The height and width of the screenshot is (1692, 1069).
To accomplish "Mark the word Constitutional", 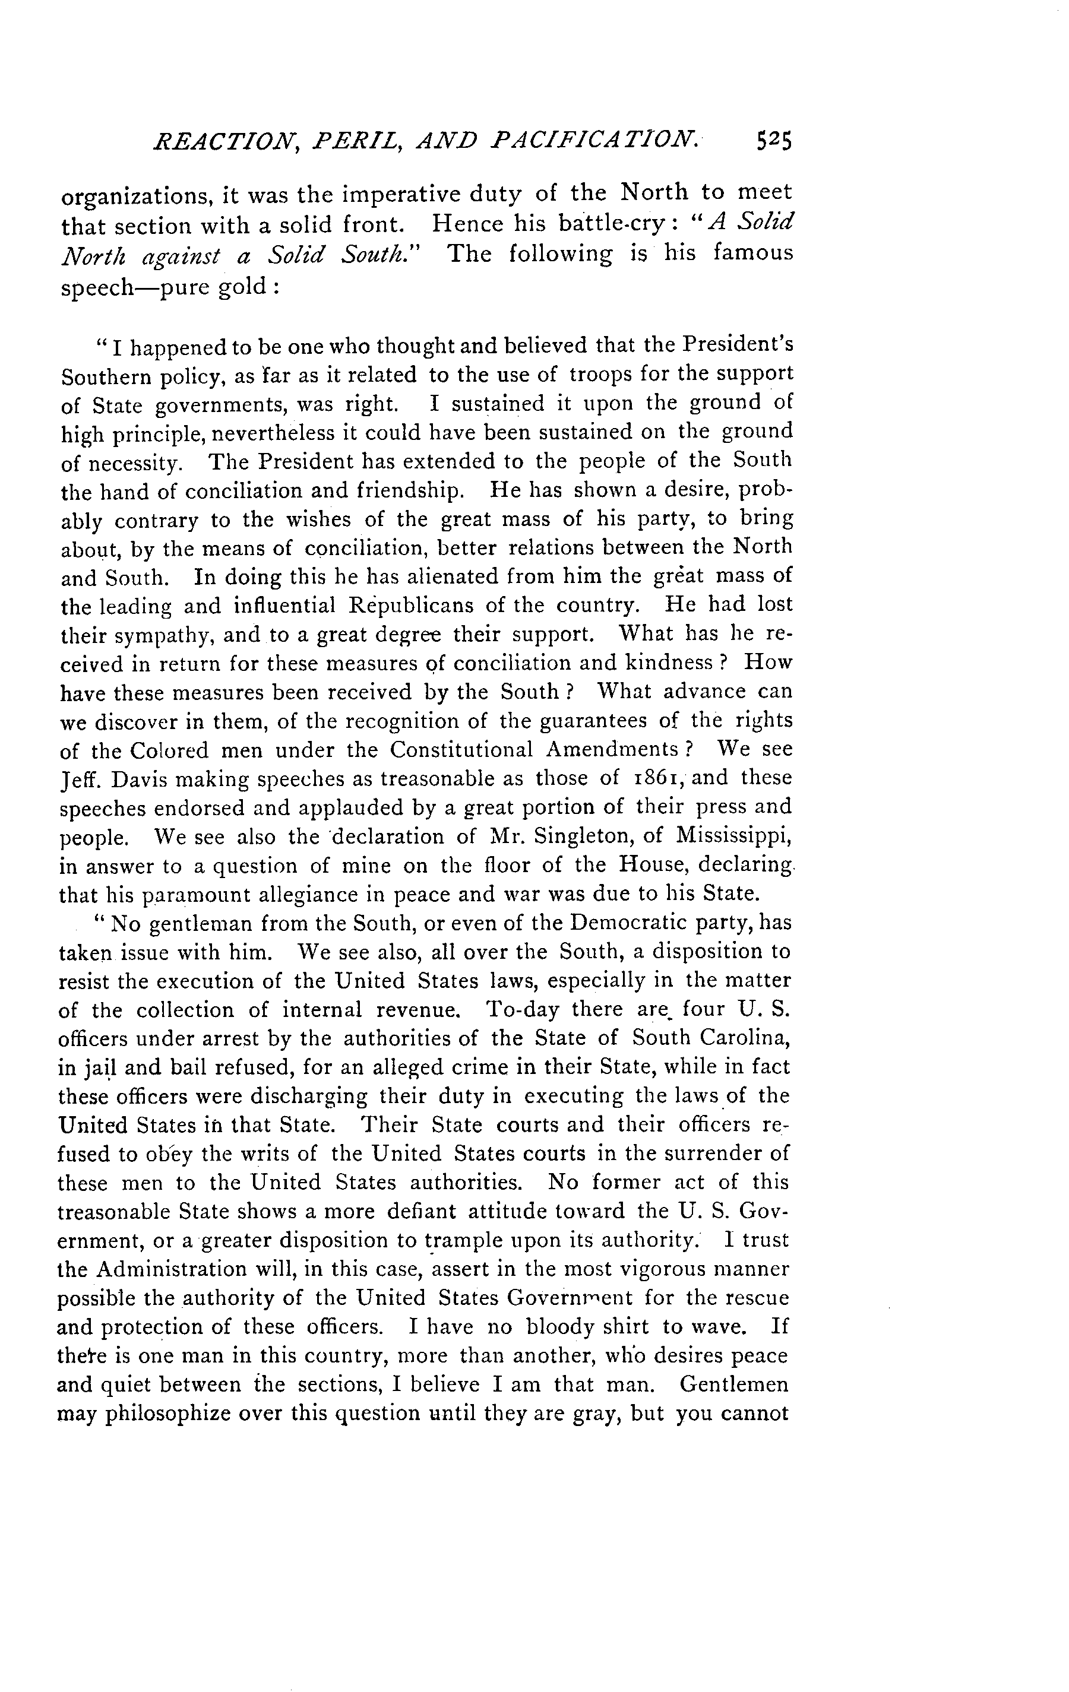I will click(462, 750).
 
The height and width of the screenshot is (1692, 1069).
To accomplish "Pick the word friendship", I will click(410, 489).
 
